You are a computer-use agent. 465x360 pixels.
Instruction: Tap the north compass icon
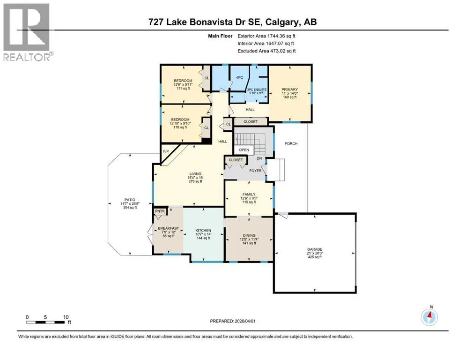point(429,317)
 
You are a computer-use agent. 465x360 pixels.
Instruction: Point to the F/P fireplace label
point(166,151)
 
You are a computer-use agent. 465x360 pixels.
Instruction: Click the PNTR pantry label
point(160,211)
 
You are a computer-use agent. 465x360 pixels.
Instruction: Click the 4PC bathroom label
point(240,77)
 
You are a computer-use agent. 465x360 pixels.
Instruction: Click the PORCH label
point(291,143)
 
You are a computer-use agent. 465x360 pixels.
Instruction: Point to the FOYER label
point(255,171)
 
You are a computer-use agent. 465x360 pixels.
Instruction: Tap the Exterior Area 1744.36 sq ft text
point(266,36)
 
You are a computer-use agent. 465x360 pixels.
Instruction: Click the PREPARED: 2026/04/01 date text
point(232,321)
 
